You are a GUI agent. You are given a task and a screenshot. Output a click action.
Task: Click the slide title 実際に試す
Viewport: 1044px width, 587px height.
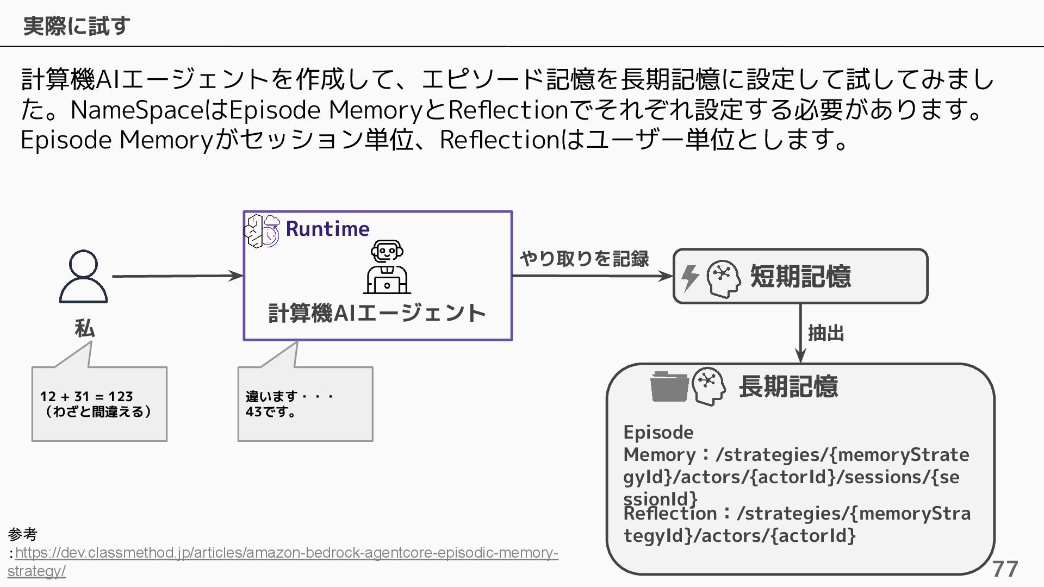tap(77, 26)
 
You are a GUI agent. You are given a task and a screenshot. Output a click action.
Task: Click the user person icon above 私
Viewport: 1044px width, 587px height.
tap(83, 277)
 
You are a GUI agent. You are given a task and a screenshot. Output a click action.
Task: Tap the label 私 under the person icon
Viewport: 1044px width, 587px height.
tap(84, 329)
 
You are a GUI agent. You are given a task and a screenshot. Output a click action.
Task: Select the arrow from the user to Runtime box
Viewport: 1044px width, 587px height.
tap(177, 276)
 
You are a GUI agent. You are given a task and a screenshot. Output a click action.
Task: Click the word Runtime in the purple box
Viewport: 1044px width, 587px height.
tap(327, 229)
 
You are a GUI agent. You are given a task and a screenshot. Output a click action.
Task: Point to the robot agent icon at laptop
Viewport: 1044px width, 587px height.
tap(387, 267)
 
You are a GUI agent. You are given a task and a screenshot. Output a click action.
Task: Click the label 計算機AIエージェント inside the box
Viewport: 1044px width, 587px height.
tap(377, 313)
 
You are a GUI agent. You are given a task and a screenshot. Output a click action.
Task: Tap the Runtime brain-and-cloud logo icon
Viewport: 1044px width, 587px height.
tap(263, 230)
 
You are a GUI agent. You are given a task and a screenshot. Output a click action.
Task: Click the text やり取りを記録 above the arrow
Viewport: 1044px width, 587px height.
tap(585, 259)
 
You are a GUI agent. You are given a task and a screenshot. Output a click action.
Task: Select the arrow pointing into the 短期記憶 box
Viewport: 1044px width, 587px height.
tap(592, 276)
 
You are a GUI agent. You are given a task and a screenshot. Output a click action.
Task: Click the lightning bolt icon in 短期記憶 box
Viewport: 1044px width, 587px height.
tap(690, 278)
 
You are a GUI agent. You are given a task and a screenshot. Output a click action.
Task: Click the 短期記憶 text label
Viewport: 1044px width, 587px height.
tap(800, 276)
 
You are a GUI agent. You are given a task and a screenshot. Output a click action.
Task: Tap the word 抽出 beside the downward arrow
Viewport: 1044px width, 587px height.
tap(826, 333)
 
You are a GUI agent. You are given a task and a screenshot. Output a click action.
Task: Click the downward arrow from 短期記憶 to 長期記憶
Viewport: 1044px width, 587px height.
tap(800, 333)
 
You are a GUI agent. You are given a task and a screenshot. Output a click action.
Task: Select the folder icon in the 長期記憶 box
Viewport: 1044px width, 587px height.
tap(669, 386)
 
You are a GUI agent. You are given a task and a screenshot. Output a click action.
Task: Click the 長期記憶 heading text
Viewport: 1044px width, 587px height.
tap(788, 386)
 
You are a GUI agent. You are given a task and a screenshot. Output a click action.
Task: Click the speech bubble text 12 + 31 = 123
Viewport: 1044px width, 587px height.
tap(86, 396)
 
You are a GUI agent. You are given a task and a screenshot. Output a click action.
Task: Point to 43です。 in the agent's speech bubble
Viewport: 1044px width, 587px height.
tap(271, 411)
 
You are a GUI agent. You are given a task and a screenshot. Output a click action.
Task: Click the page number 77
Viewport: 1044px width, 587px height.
tap(1005, 569)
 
